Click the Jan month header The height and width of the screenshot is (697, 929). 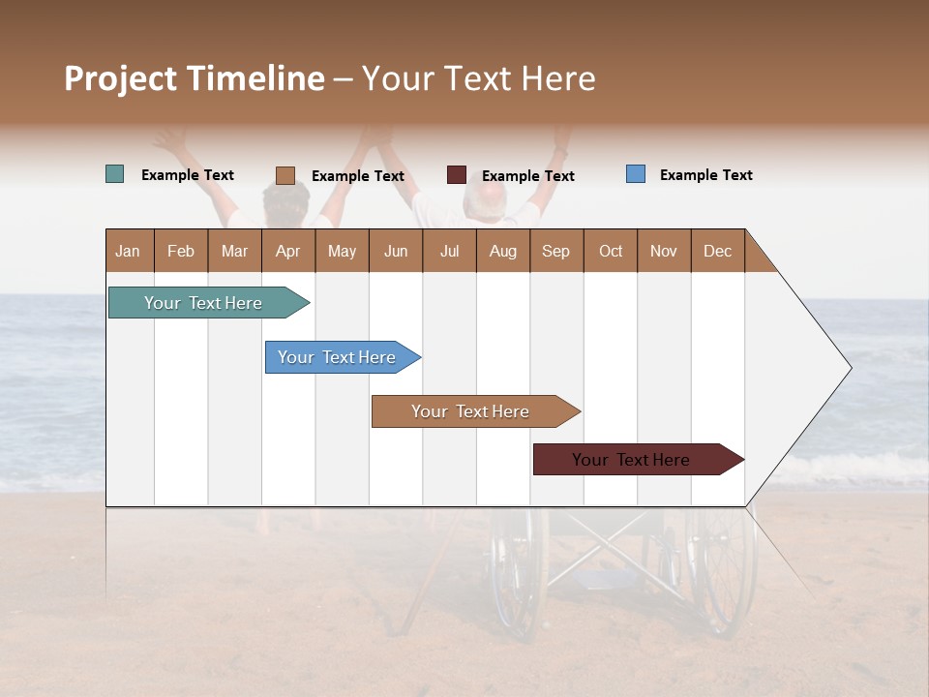128,251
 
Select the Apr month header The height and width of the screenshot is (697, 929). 287,251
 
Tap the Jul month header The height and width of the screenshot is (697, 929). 449,251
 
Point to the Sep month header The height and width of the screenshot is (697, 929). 555,251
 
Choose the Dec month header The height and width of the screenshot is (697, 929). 717,251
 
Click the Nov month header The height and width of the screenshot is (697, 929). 663,251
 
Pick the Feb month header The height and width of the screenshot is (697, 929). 181,251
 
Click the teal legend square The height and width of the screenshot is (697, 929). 114,174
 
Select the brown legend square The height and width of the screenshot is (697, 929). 285,175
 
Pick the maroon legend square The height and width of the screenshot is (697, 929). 456,175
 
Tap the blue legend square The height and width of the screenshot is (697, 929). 635,174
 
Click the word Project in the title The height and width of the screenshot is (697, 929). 121,78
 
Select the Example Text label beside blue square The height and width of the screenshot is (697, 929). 705,175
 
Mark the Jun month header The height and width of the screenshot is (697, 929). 396,251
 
